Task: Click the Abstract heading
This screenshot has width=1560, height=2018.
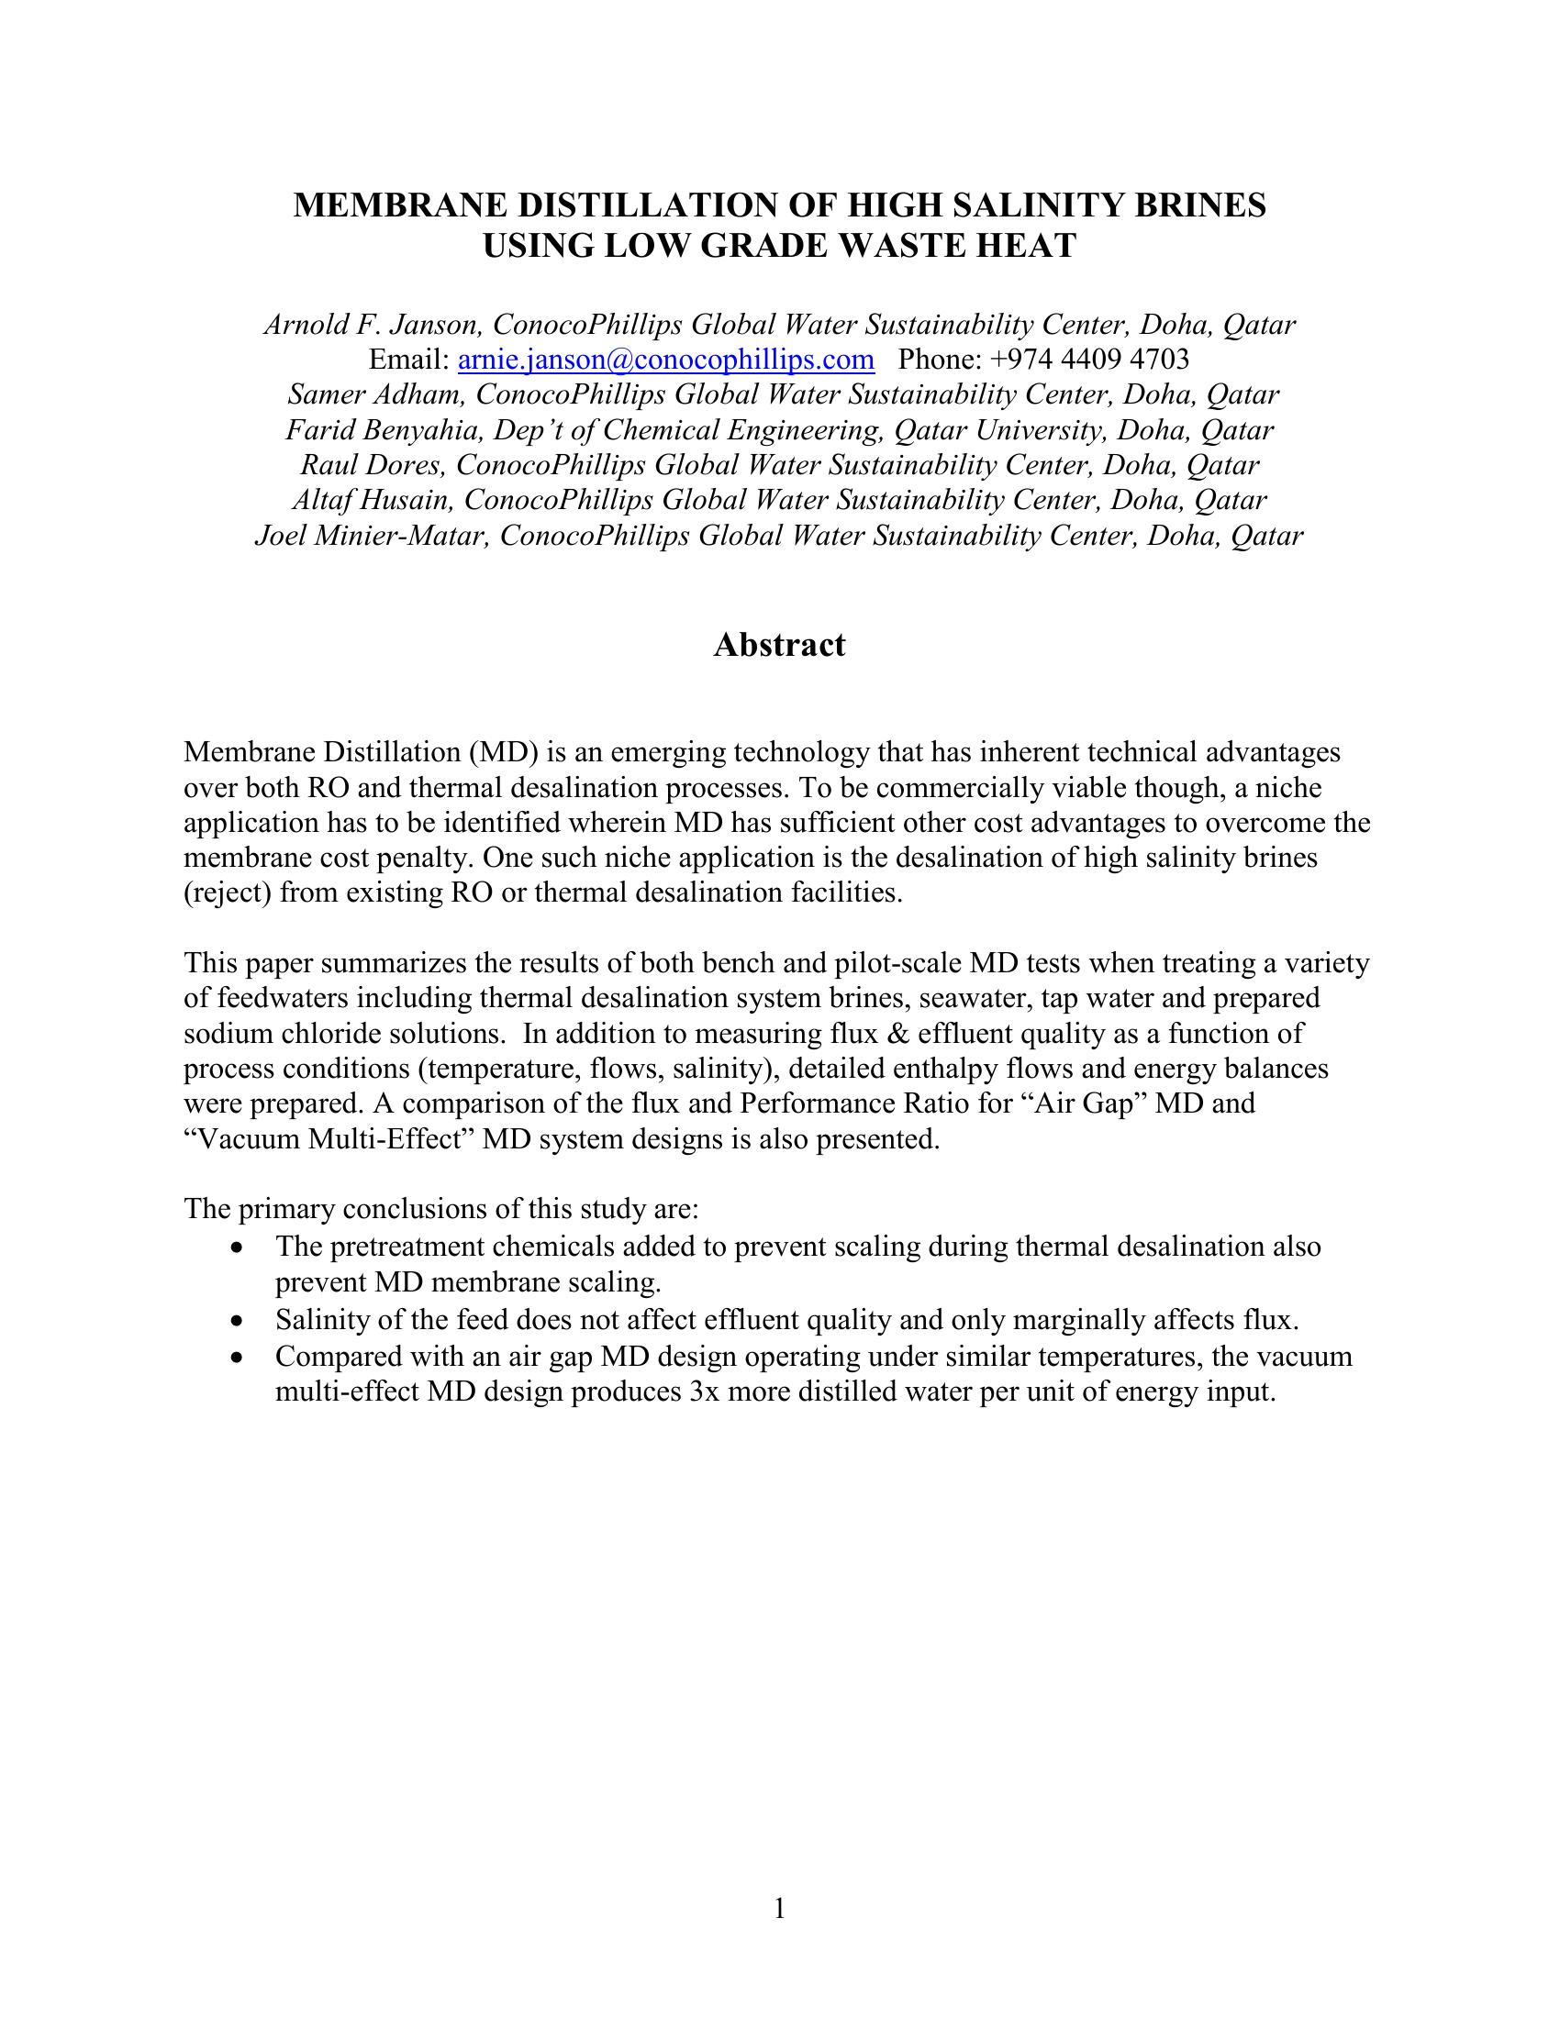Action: coord(779,644)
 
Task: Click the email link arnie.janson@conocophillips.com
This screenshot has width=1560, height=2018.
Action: coord(665,359)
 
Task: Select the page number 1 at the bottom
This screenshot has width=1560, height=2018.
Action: coord(779,1908)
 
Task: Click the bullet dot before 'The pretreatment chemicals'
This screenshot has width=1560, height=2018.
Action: coord(240,1248)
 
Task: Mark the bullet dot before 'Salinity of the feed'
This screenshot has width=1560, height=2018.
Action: coord(240,1321)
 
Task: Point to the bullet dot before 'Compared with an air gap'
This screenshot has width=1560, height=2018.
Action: coord(240,1358)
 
